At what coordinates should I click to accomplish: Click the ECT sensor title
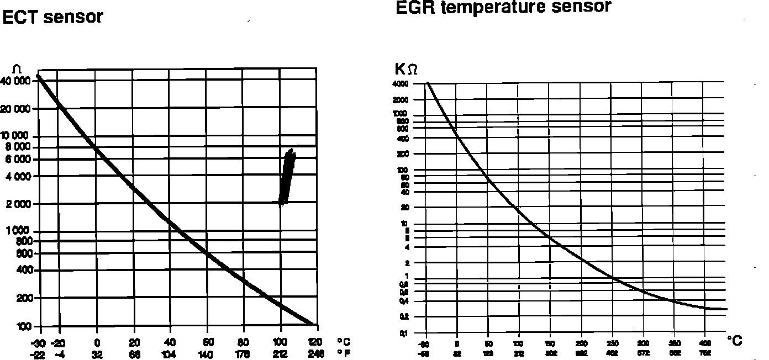click(53, 17)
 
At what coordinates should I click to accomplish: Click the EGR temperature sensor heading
click(503, 7)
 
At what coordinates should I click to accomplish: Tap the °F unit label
click(344, 353)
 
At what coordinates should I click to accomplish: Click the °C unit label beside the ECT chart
click(344, 342)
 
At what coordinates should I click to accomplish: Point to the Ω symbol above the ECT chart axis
click(17, 68)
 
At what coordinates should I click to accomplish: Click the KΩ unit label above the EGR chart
click(406, 69)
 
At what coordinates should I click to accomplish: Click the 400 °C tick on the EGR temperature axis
click(703, 343)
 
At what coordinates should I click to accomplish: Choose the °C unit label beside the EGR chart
click(735, 341)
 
